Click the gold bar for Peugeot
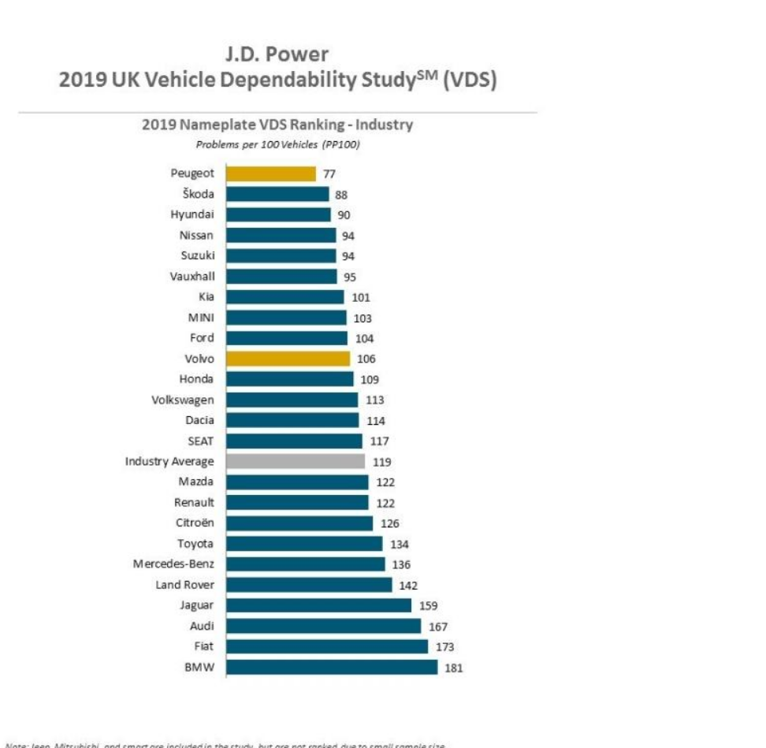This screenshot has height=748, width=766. coord(270,173)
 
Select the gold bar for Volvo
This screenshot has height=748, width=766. coord(288,359)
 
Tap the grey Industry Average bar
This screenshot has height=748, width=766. coord(295,461)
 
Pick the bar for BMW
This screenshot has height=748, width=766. coord(331,667)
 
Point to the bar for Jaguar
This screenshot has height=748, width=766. coord(318,605)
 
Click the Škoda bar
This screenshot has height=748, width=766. coord(277,194)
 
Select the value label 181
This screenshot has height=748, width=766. coord(453,668)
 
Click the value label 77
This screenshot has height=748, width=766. coord(329,174)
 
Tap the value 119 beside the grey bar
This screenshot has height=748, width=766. coord(381,462)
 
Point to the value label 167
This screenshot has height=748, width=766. coord(438,627)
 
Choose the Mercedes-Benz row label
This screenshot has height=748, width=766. coord(173,564)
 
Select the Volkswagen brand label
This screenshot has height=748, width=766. coord(182,400)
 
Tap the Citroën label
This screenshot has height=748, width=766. coord(194,523)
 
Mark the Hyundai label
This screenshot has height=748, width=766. coord(191,214)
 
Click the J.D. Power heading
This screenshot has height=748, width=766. coord(277,54)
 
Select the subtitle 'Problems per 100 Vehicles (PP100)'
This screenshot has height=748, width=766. coord(277,144)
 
